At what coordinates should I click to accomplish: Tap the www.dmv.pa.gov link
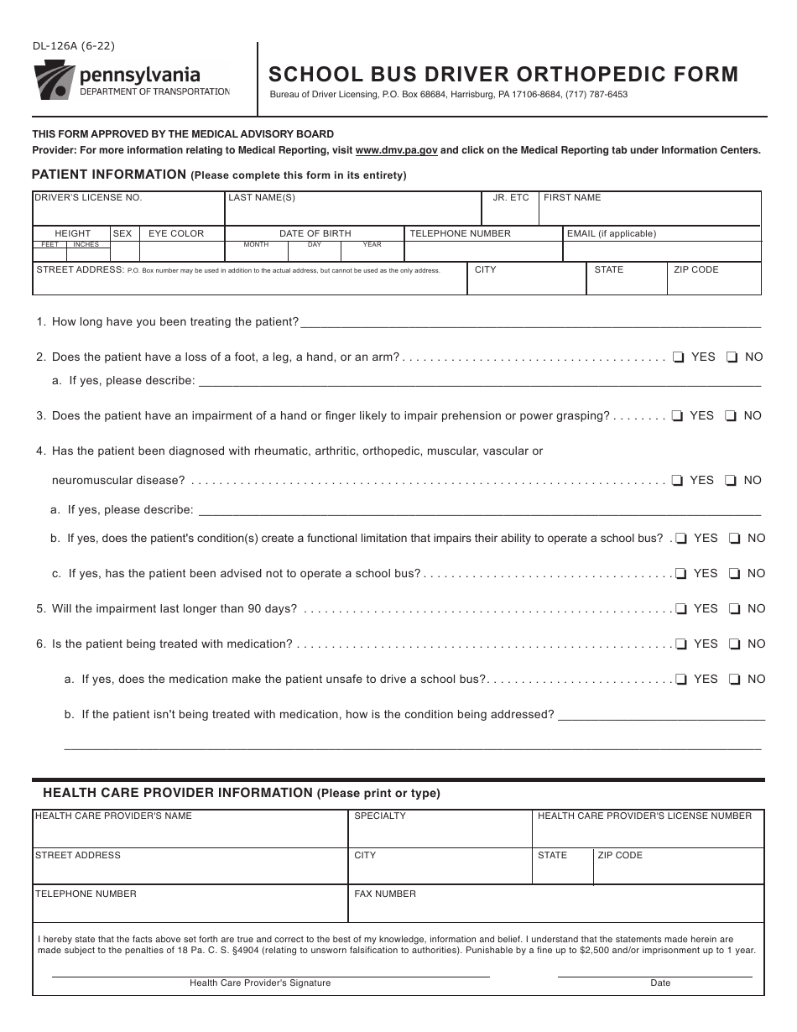[x=396, y=151]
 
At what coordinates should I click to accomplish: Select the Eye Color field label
[x=176, y=233]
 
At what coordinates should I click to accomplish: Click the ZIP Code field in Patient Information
[x=713, y=284]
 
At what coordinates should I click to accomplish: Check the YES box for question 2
[x=678, y=357]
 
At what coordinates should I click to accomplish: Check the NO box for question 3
[x=732, y=416]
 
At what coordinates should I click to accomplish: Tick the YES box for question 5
[x=681, y=609]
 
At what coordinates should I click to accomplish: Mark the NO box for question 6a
[x=735, y=680]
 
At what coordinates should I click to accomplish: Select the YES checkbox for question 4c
[x=681, y=574]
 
